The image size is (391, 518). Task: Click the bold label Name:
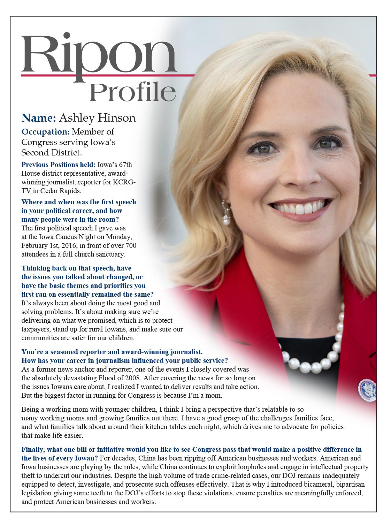coord(39,118)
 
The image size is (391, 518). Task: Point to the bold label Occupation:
coord(46,132)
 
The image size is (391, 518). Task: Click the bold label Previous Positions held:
coord(58,165)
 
